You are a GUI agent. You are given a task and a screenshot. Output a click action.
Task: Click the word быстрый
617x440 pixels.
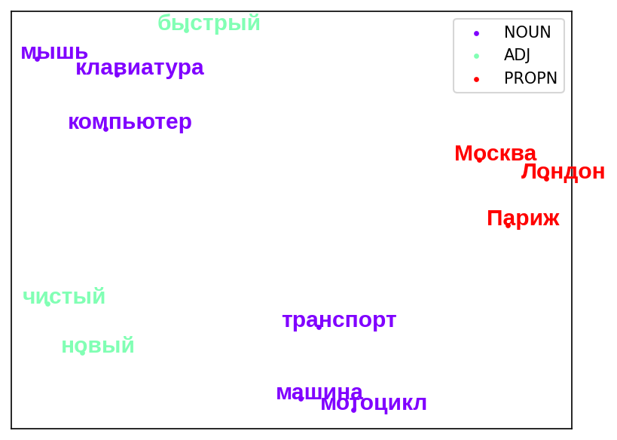[x=209, y=23]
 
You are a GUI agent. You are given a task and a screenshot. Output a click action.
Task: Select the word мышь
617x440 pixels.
[x=54, y=52]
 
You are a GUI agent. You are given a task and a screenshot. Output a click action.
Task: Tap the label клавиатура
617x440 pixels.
[x=139, y=68]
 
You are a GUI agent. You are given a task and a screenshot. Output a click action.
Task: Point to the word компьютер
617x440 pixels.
[x=130, y=122]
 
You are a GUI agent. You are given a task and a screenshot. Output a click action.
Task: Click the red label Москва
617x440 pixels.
[x=496, y=153]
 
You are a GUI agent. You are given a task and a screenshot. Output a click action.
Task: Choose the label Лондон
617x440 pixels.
[x=563, y=172]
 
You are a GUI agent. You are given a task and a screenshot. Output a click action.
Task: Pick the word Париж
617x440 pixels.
[x=523, y=218]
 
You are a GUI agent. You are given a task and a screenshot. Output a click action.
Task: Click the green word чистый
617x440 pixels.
[x=64, y=296]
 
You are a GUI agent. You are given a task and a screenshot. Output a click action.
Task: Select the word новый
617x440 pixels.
[x=98, y=346]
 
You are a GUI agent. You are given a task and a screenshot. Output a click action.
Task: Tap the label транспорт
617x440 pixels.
[x=339, y=320]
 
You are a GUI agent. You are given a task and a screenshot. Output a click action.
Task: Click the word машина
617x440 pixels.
[x=319, y=393]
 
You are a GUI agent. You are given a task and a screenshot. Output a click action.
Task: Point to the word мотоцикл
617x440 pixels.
[x=374, y=403]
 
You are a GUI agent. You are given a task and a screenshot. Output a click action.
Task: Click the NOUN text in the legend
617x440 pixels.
[x=527, y=32]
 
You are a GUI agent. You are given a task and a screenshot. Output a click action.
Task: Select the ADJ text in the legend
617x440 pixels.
[x=517, y=55]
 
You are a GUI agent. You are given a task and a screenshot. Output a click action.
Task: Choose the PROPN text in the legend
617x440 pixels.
[x=530, y=78]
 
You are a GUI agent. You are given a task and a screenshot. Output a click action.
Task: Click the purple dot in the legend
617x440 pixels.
[x=477, y=33]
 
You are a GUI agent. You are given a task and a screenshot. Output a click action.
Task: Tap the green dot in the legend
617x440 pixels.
[x=477, y=56]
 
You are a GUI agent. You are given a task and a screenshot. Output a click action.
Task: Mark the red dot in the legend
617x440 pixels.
[x=477, y=80]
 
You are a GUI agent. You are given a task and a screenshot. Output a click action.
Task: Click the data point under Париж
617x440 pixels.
[x=508, y=225]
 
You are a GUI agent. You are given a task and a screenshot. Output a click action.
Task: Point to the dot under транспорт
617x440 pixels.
[x=319, y=327]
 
